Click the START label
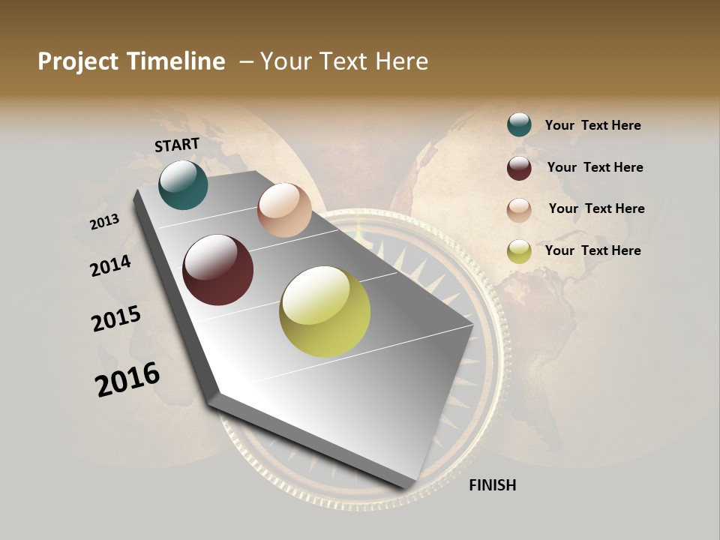tap(177, 145)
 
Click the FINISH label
tap(493, 485)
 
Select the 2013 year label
tap(104, 222)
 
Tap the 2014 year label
tap(110, 265)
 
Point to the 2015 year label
tap(116, 319)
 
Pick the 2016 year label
tap(127, 379)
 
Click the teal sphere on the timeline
tap(183, 184)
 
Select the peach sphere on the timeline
tap(284, 210)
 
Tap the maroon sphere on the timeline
tap(218, 270)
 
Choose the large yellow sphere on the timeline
tap(325, 311)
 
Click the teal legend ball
tap(519, 124)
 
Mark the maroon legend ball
tap(519, 168)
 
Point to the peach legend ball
tap(519, 210)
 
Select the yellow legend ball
tap(519, 251)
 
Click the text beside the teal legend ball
tap(593, 125)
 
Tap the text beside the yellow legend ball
tap(593, 250)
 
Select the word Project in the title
tap(77, 61)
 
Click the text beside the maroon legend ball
tap(595, 167)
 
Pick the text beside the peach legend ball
tap(597, 208)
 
